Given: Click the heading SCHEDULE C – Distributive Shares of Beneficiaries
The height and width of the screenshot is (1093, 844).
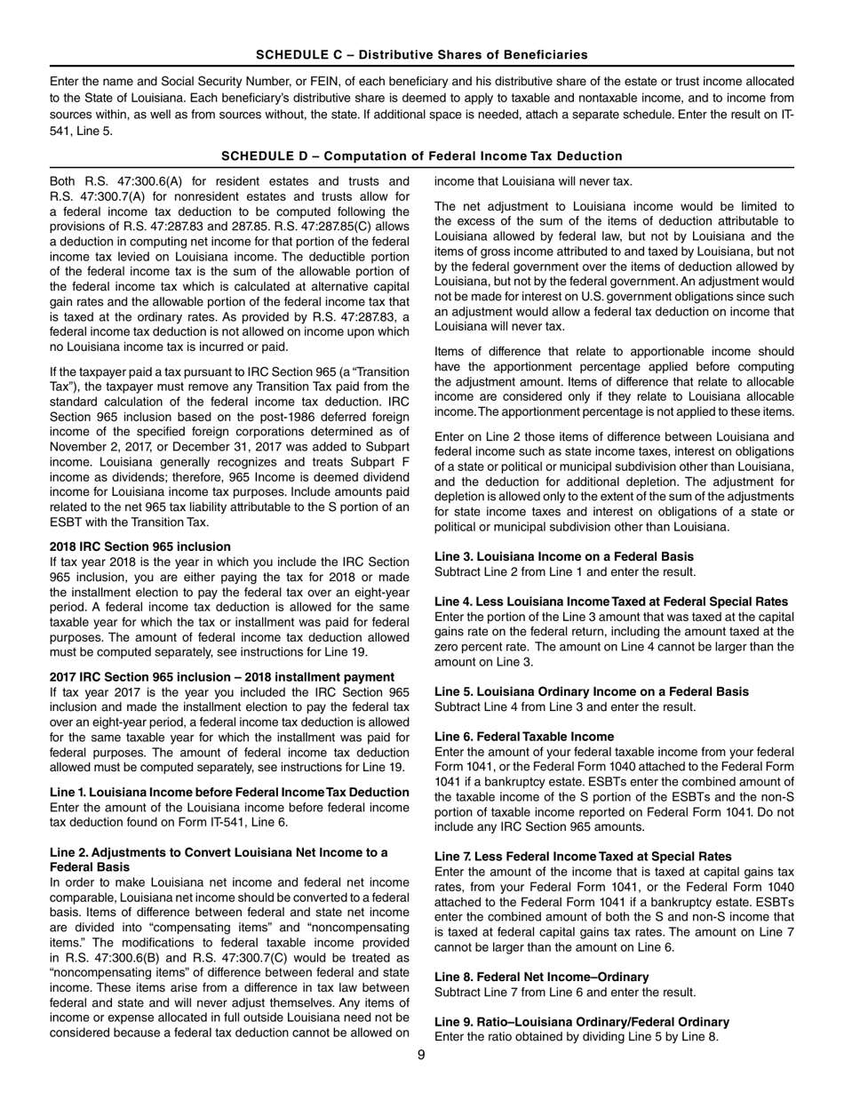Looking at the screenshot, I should (421, 55).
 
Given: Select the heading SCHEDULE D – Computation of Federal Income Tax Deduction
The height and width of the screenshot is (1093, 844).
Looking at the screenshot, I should (421, 156).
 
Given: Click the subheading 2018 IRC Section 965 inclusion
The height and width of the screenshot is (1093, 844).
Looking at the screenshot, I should (140, 546).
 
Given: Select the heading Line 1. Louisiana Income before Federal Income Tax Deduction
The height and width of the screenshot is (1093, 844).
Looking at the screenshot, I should (229, 793).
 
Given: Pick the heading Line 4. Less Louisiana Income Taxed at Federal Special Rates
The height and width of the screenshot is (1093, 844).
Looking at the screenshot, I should (610, 602).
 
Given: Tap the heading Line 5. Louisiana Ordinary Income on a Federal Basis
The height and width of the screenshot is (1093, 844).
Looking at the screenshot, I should (591, 692).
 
